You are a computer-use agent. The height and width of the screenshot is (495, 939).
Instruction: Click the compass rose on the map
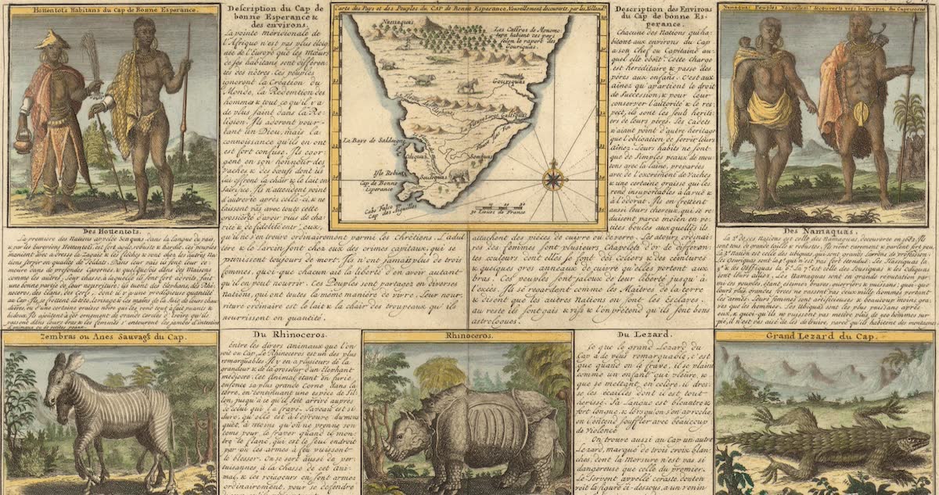554,176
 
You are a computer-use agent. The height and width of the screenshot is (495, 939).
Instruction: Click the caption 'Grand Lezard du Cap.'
819,337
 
